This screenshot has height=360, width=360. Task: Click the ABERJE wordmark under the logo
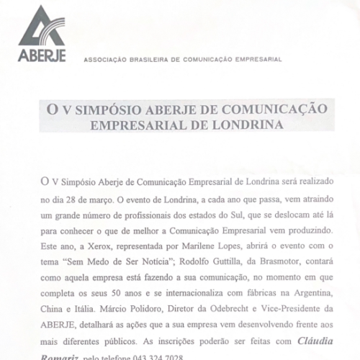click(41, 55)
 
